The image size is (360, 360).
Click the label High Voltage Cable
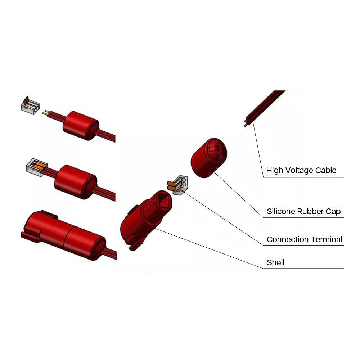click(x=301, y=170)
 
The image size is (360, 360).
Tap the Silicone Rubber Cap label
click(x=303, y=211)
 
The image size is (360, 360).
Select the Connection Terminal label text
click(x=304, y=239)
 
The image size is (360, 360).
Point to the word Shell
click(x=275, y=262)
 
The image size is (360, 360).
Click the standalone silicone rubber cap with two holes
click(x=209, y=158)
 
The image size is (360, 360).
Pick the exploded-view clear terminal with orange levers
click(x=178, y=185)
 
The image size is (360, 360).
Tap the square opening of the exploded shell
click(x=163, y=200)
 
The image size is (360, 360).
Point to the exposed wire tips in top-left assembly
click(x=46, y=113)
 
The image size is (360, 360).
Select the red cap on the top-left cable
click(x=81, y=126)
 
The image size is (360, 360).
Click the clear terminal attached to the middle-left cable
click(x=36, y=167)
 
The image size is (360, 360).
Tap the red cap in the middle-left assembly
click(x=76, y=182)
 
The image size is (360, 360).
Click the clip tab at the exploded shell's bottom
click(x=134, y=246)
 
